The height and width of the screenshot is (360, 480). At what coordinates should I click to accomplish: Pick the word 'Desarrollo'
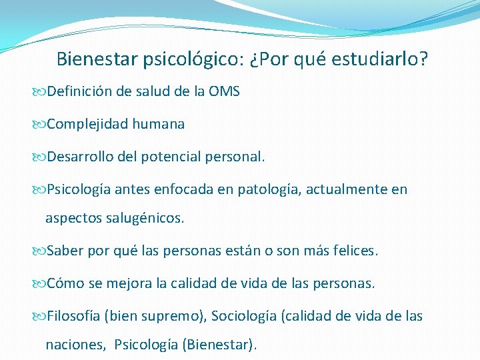coord(79,157)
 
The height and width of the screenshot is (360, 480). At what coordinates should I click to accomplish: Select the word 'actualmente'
coord(347,190)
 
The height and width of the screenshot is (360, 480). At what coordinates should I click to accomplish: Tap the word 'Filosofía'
coord(73,316)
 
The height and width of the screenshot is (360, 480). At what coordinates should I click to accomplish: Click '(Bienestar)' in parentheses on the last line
coord(219,345)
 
